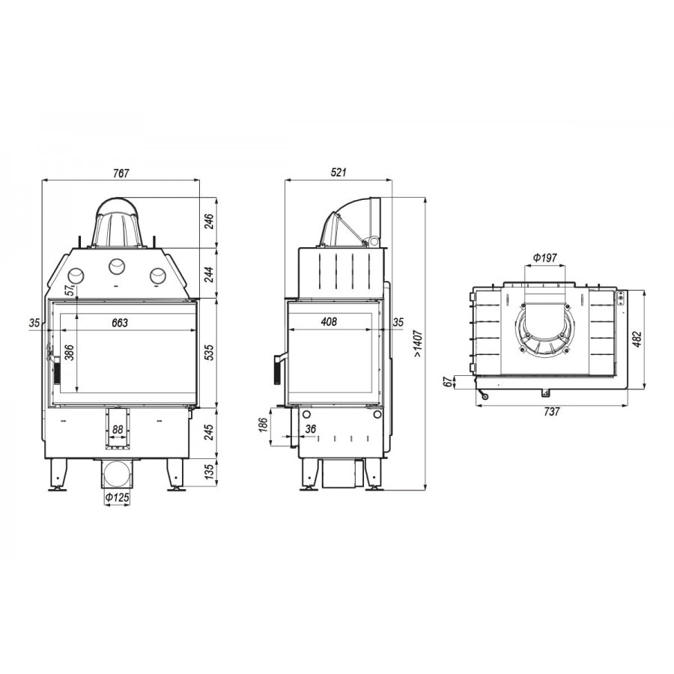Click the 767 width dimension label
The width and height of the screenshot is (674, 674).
click(121, 173)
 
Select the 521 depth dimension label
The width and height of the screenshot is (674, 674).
click(338, 172)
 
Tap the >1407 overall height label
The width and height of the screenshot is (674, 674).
click(418, 344)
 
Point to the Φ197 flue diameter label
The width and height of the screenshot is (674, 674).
click(544, 258)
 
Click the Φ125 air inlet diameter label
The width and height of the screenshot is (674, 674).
click(117, 497)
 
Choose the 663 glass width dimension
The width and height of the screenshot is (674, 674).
click(120, 322)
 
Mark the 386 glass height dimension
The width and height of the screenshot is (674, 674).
click(70, 353)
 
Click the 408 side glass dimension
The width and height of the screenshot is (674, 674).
click(329, 321)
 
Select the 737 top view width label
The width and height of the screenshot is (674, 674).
click(551, 411)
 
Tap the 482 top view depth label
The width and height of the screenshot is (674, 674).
click(637, 338)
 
